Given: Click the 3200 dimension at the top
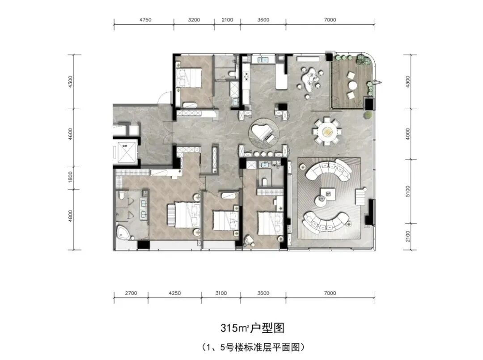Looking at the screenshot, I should tap(195, 20).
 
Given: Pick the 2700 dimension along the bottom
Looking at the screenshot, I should tap(131, 293).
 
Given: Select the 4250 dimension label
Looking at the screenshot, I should tap(174, 293).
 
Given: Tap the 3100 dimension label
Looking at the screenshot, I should tap(221, 293).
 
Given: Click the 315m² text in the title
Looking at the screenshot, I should tap(233, 328).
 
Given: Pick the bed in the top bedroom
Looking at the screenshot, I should tap(189, 77).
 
